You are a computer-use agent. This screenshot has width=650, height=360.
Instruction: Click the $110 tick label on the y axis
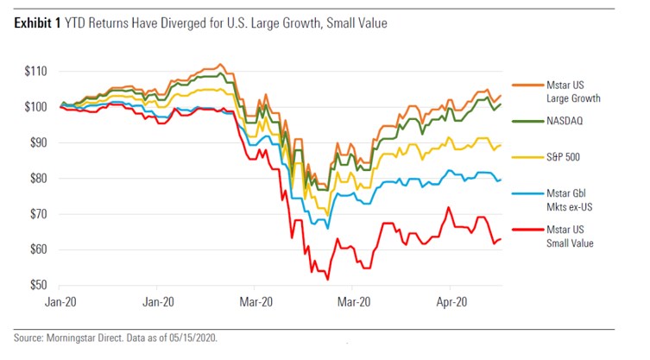pyautogui.click(x=35, y=72)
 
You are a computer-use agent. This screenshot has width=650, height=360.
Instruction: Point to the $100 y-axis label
pyautogui.click(x=35, y=107)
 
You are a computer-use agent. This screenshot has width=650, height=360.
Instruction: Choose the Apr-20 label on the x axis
pyautogui.click(x=449, y=302)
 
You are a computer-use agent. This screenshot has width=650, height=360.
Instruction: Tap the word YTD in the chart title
pyautogui.click(x=78, y=24)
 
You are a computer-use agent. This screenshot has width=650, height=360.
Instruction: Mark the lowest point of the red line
pyautogui.click(x=327, y=279)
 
